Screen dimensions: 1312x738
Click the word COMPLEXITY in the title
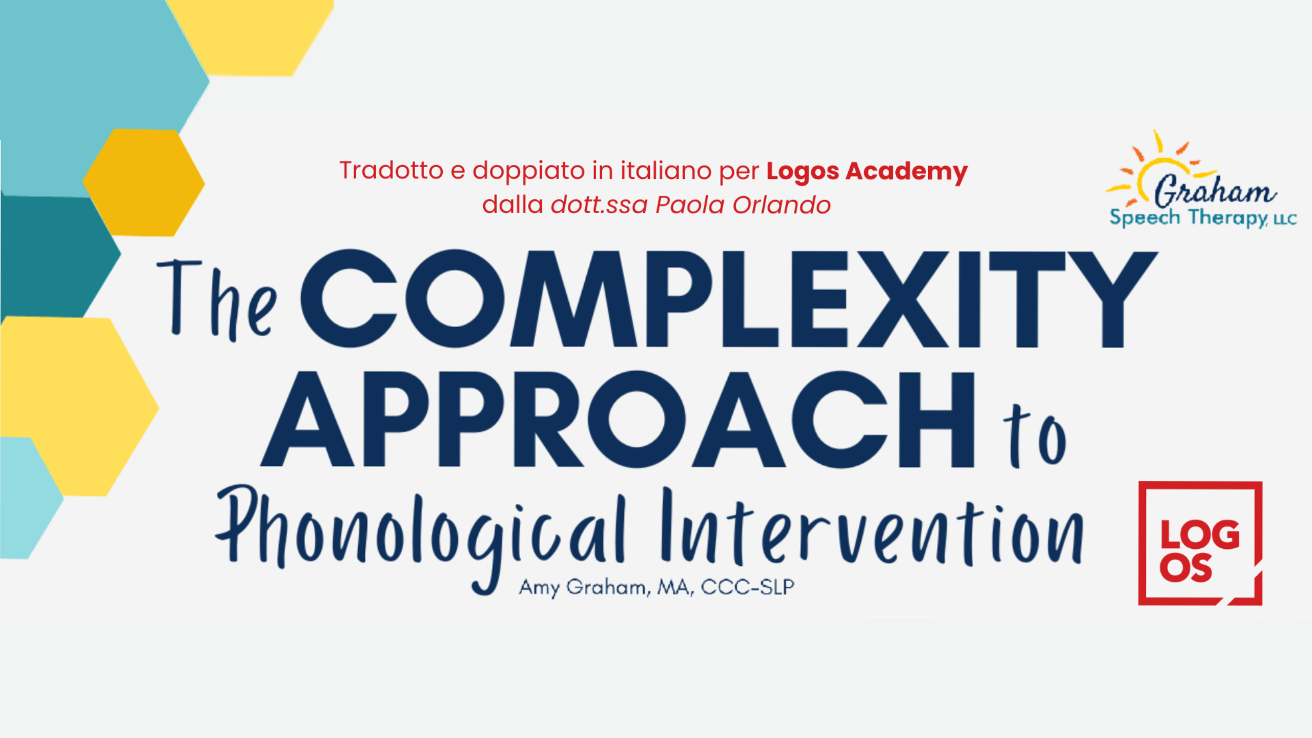coord(729,299)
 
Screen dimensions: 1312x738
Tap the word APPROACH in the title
coord(617,419)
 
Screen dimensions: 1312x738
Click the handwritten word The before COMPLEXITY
coord(216,300)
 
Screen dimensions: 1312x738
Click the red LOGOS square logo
coord(1200,543)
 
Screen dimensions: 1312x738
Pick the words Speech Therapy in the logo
coord(1188,218)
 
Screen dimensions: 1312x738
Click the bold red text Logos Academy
coord(867,171)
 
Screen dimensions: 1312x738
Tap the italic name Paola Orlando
coord(743,205)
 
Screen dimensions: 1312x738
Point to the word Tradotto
coord(392,171)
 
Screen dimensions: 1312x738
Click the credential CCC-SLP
coord(748,587)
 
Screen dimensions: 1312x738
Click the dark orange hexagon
coord(143,182)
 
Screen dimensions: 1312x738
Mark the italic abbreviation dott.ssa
coord(599,205)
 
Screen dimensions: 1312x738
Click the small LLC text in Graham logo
coord(1285,220)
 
